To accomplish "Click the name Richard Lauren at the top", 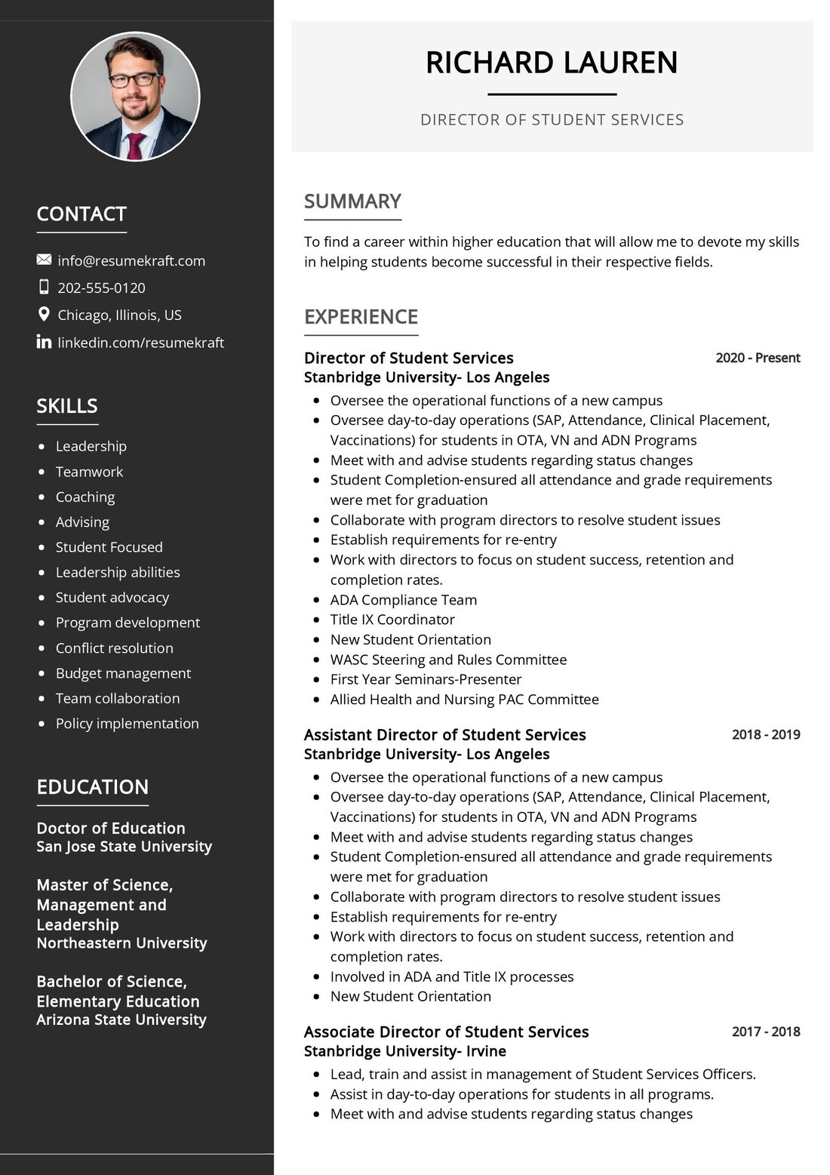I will pyautogui.click(x=552, y=63).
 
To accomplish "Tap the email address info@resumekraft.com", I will pyautogui.click(x=131, y=260).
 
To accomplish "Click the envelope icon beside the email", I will pyautogui.click(x=44, y=260).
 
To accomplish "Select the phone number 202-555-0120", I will pyautogui.click(x=101, y=288).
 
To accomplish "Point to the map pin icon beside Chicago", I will pyautogui.click(x=44, y=315).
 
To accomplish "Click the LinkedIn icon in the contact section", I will pyautogui.click(x=44, y=342).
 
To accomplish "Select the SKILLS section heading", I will pyautogui.click(x=67, y=406).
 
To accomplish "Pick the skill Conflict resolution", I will pyautogui.click(x=114, y=648).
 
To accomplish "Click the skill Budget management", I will pyautogui.click(x=123, y=673).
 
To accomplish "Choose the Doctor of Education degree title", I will pyautogui.click(x=111, y=828).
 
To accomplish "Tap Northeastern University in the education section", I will pyautogui.click(x=121, y=943).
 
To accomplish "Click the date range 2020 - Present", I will pyautogui.click(x=758, y=358).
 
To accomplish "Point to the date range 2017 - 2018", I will pyautogui.click(x=766, y=1032).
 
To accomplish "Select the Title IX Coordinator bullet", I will pyautogui.click(x=392, y=620).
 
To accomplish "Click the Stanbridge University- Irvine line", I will pyautogui.click(x=405, y=1051).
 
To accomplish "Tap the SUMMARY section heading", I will pyautogui.click(x=352, y=201).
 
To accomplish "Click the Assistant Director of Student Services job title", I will pyautogui.click(x=444, y=735).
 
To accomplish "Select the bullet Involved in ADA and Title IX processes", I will pyautogui.click(x=452, y=977).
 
